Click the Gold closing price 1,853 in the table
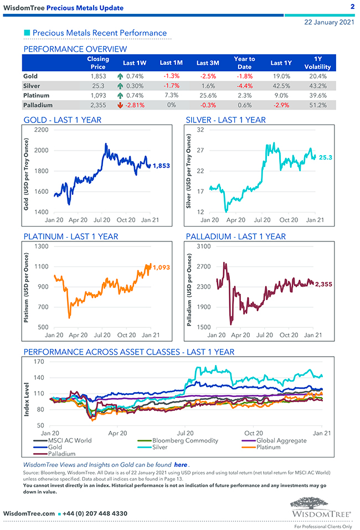(98, 76)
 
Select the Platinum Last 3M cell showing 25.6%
(208, 95)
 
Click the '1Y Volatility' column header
(317, 63)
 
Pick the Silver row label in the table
(32, 86)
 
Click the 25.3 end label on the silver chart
(326, 158)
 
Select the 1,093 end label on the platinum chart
(161, 267)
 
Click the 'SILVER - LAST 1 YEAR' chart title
(225, 120)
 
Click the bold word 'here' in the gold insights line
(180, 464)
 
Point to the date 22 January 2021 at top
(329, 23)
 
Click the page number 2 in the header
(352, 7)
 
